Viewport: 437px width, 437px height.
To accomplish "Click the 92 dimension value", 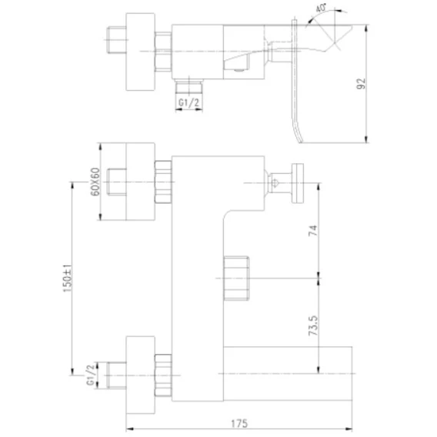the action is pos(361,84).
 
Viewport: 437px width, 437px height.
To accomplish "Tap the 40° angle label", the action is pos(322,8).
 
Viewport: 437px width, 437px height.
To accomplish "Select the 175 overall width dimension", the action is pos(239,424).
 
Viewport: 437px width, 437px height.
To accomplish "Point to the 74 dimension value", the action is pos(313,231).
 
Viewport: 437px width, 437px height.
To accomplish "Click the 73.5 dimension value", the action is pos(313,325).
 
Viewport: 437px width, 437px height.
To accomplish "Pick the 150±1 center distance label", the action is pos(68,279).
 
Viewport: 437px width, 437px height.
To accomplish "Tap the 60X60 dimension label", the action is pos(95,182).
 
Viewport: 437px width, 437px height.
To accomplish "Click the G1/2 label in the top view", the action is pos(189,103).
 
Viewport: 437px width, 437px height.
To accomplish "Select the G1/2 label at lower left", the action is pos(91,375).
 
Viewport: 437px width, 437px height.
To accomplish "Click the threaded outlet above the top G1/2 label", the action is pos(189,86).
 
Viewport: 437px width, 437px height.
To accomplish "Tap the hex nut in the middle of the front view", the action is pos(236,279).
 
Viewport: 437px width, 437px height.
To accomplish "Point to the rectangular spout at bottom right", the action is pos(288,373).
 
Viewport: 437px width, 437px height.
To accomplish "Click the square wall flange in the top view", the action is pos(140,52).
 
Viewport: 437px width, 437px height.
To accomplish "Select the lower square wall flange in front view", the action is pos(140,375).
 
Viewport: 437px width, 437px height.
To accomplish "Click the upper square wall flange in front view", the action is pos(140,182).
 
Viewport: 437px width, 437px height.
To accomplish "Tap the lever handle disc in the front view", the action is pos(298,183).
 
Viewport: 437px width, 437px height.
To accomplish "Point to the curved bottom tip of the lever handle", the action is pos(300,142).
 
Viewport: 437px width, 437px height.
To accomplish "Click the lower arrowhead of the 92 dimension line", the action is pos(366,139).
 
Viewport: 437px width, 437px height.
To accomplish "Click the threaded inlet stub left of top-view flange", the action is pos(116,40).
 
